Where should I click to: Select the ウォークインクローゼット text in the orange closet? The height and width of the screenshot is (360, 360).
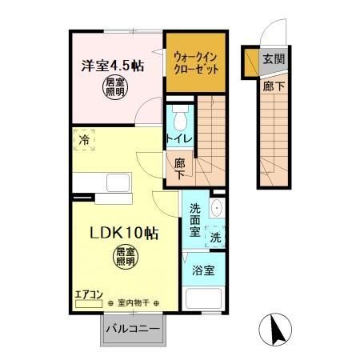tap(195, 62)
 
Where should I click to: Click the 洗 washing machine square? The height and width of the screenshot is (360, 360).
tap(215, 237)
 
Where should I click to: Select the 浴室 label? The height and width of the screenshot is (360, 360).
tap(203, 271)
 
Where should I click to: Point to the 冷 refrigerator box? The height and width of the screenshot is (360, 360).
tap(85, 141)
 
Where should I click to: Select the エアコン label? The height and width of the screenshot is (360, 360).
tap(88, 294)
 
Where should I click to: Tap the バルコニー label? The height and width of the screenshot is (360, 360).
tap(134, 329)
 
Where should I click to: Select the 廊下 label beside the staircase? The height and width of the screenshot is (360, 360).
tap(182, 167)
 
